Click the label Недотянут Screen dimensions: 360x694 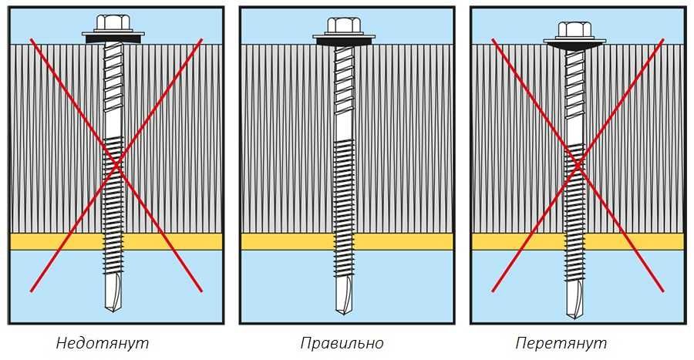coord(103,343)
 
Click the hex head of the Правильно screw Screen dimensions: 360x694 coord(344,25)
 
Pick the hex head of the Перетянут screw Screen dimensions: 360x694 coord(574,30)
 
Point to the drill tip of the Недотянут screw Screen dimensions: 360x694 coord(113,298)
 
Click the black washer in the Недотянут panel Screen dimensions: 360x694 coord(113,37)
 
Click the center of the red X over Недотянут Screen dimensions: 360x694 coord(116,164)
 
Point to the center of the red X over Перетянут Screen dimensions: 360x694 coord(578,164)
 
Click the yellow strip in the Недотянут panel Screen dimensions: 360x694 coord(54,241)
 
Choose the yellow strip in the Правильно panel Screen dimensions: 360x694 coord(285,241)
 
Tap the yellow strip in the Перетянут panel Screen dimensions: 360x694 coord(517,241)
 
